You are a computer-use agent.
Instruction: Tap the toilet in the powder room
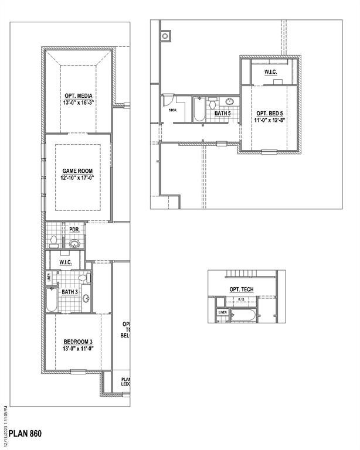(53, 241)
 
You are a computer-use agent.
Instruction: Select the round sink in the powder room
(74, 243)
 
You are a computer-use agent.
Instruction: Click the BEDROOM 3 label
(78, 341)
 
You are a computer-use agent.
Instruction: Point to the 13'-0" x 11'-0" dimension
(78, 348)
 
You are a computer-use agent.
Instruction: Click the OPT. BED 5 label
(269, 112)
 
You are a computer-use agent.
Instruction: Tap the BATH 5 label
(222, 113)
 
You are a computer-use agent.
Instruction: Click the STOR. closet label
(172, 108)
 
